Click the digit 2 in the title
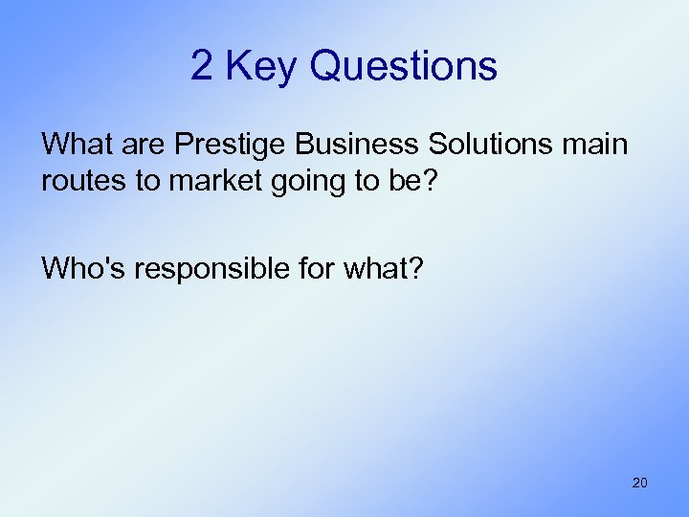click(x=201, y=66)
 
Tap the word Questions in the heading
click(x=404, y=66)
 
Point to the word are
click(x=147, y=145)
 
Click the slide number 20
click(x=639, y=483)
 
